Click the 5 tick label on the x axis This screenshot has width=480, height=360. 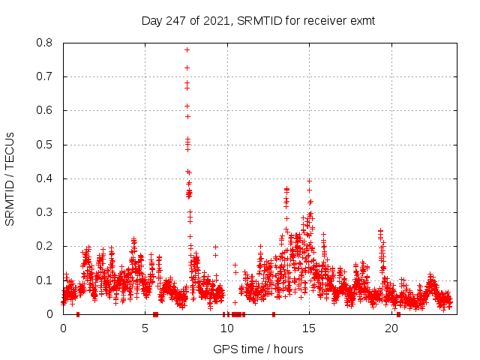[x=145, y=328]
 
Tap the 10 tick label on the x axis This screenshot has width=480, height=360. [x=227, y=328]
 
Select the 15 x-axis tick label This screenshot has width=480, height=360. [x=309, y=328]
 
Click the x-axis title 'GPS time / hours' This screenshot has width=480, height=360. [x=258, y=349]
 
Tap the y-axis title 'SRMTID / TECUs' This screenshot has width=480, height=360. [x=10, y=178]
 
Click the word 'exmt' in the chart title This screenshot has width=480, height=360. [x=361, y=21]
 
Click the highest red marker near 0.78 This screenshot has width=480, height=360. [x=187, y=49]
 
